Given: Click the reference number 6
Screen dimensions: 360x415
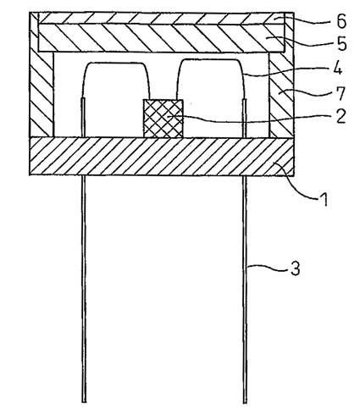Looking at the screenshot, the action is coord(341,20).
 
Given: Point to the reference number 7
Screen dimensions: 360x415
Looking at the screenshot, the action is coord(341,93).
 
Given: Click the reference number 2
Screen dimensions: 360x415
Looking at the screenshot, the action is coord(341,116).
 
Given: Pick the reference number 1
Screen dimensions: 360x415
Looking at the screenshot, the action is coord(324,199).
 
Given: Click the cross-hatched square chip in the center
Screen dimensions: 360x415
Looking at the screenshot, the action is coord(163,119).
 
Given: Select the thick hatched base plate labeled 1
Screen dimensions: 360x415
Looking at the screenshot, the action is coord(162,157).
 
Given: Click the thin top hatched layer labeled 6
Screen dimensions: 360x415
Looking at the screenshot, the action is coord(162,19).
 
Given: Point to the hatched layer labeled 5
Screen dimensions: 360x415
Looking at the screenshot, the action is coord(162,38).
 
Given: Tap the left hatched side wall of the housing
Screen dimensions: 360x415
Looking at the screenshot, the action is coord(42,93).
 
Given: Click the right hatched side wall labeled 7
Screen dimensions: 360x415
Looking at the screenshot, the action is coord(281,93).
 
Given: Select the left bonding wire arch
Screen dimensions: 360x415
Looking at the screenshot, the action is coord(116,63).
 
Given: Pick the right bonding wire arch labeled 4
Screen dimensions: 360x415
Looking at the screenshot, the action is coord(210,59).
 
